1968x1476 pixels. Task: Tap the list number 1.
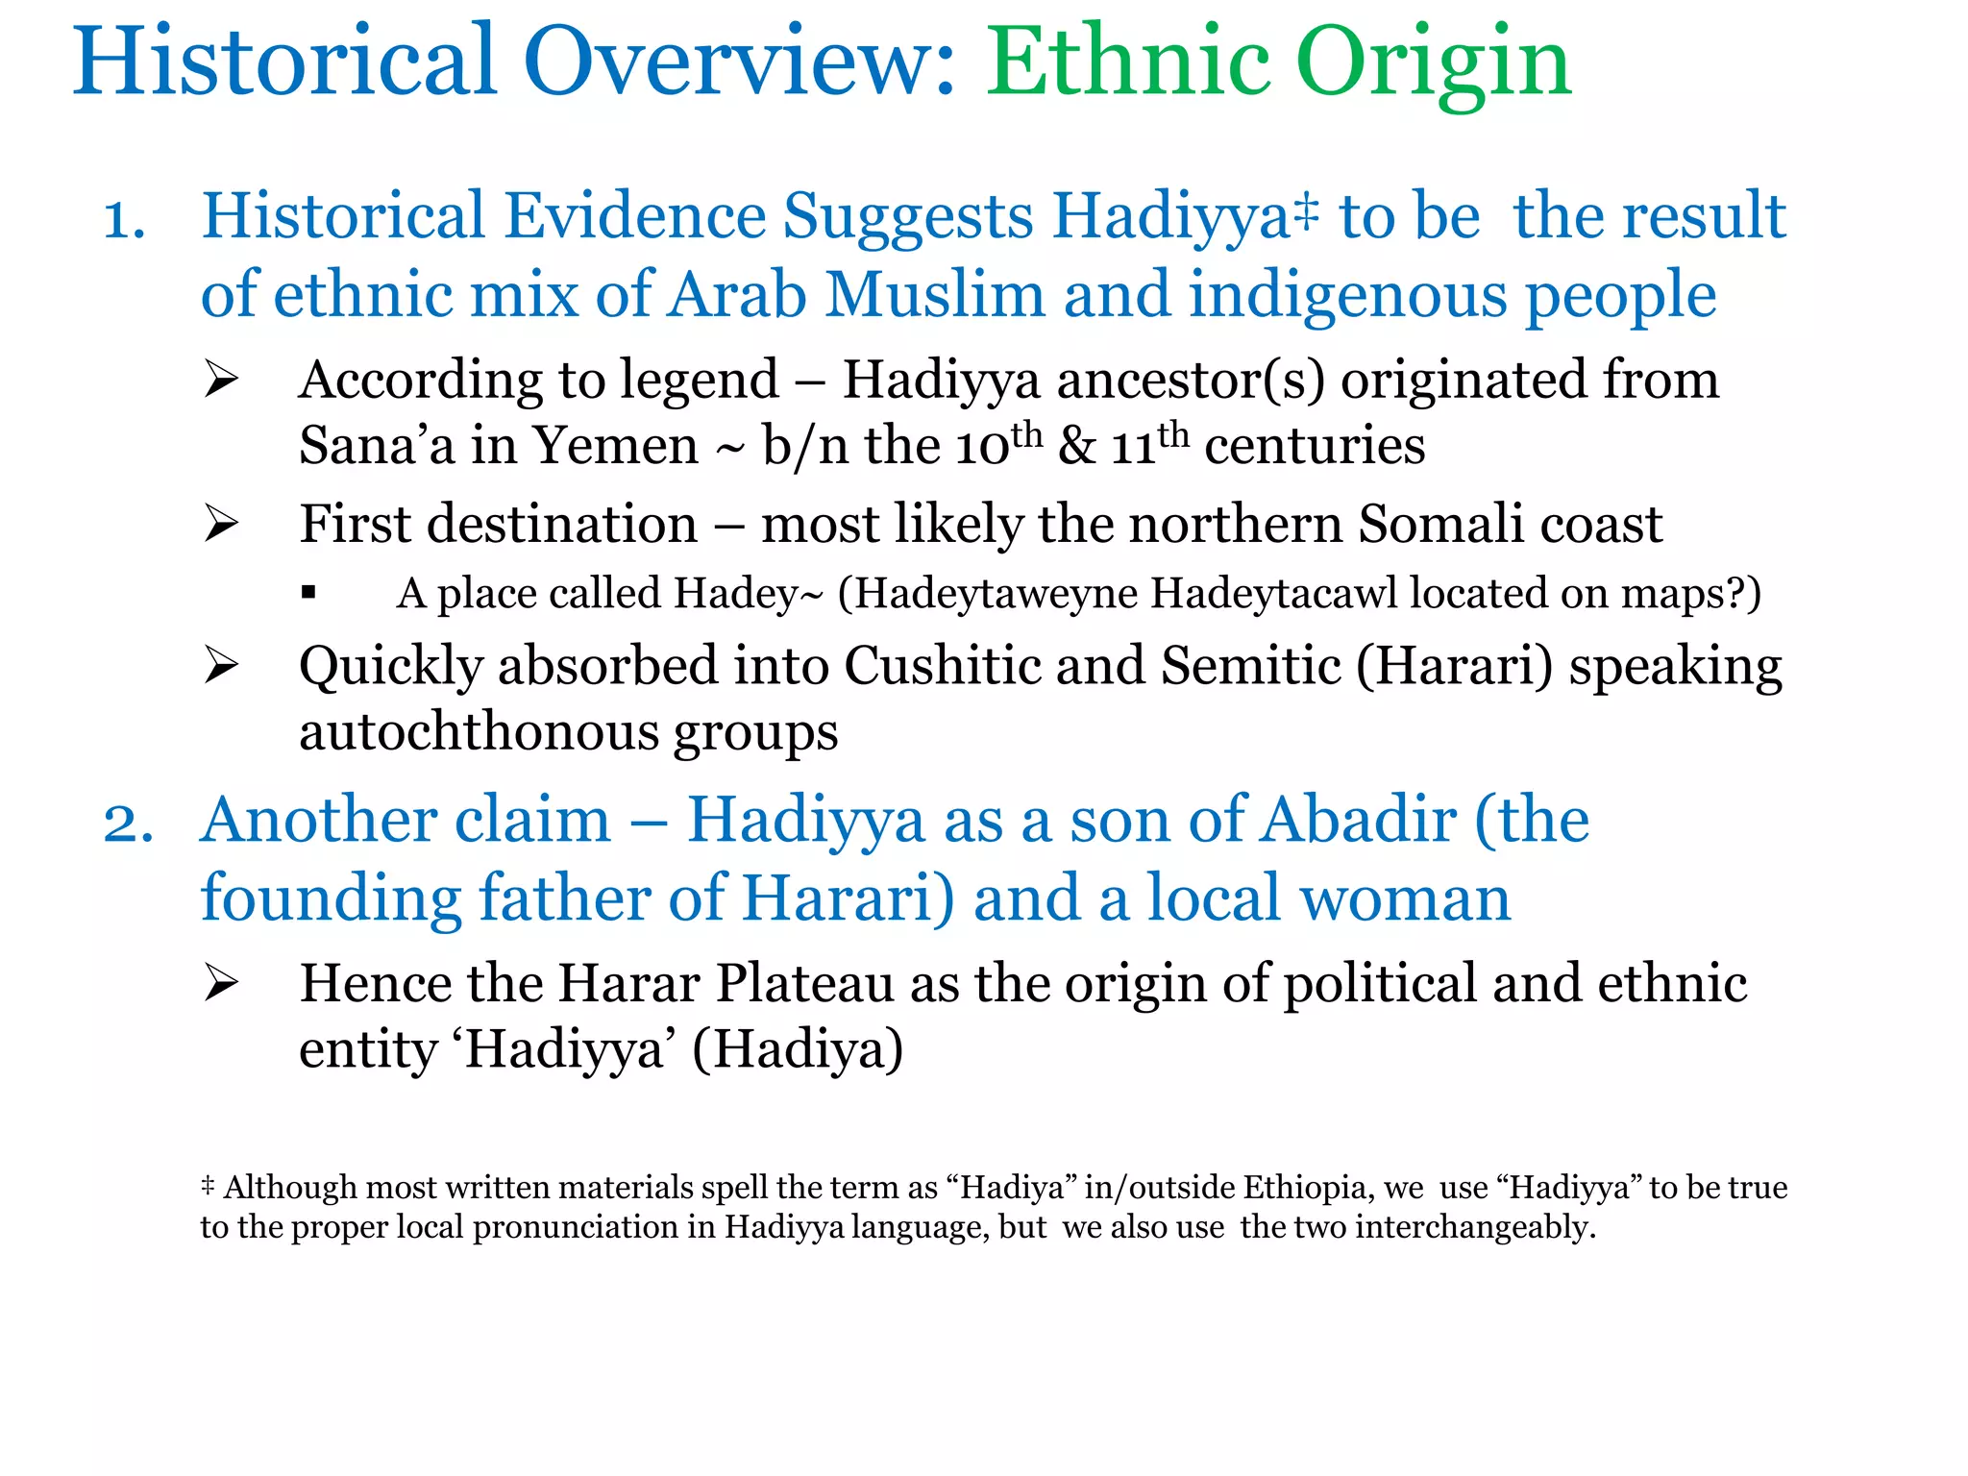pos(124,219)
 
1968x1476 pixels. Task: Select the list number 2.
pos(128,824)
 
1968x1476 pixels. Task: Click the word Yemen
pos(615,446)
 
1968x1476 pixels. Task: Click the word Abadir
pos(1360,822)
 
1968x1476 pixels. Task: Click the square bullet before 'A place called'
pos(308,593)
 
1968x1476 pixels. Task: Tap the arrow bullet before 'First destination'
pos(221,525)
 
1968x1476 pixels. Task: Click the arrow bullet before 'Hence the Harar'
pos(221,984)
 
